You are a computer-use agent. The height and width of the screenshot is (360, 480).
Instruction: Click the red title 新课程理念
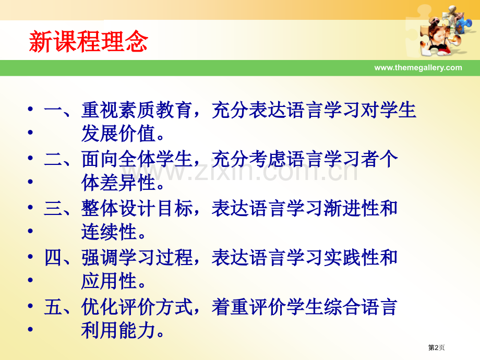pyautogui.click(x=88, y=42)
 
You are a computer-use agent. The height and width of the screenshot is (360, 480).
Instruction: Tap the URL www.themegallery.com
pyautogui.click(x=418, y=67)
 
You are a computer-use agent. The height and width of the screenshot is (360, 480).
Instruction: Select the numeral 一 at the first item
pyautogui.click(x=53, y=111)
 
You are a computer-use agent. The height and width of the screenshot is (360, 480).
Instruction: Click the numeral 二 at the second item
pyautogui.click(x=53, y=160)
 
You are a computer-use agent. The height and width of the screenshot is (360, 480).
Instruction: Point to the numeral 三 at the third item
pyautogui.click(x=53, y=209)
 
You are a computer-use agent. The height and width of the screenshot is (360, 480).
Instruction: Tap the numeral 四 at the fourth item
pyautogui.click(x=53, y=258)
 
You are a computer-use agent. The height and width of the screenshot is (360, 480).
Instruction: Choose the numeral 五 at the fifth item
pyautogui.click(x=53, y=307)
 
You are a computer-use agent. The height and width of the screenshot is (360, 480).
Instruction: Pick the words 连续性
pyautogui.click(x=109, y=233)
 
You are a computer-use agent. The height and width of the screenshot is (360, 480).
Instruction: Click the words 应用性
pyautogui.click(x=109, y=282)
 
